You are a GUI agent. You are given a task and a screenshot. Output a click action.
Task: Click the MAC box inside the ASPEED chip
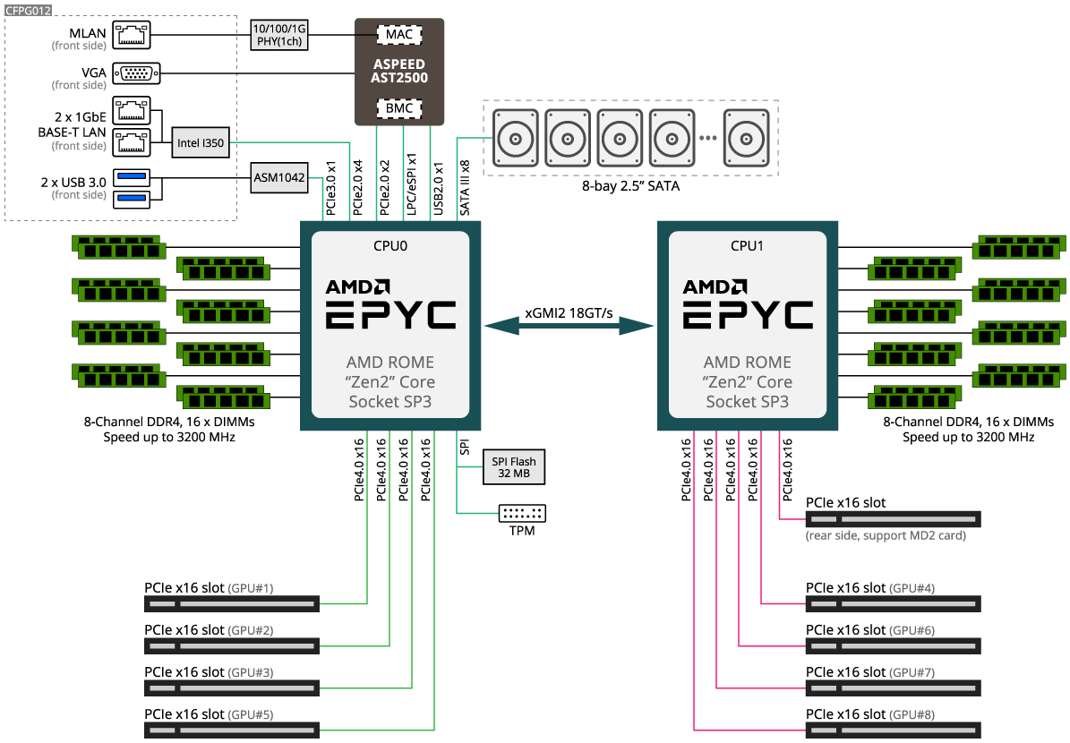pyautogui.click(x=398, y=35)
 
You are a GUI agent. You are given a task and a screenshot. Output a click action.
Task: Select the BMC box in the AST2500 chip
pyautogui.click(x=398, y=108)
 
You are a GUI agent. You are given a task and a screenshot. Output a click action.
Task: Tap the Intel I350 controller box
pyautogui.click(x=201, y=142)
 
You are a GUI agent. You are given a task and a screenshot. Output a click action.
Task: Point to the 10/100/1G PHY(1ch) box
pyautogui.click(x=279, y=35)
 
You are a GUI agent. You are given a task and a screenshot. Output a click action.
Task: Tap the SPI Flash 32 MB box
pyautogui.click(x=514, y=467)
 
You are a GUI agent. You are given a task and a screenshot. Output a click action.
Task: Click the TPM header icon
pyautogui.click(x=522, y=513)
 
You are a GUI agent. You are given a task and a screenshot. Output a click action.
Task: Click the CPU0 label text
pyautogui.click(x=389, y=245)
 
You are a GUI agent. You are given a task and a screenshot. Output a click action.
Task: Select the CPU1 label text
pyautogui.click(x=748, y=245)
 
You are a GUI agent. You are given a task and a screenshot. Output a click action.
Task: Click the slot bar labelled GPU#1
pyautogui.click(x=232, y=604)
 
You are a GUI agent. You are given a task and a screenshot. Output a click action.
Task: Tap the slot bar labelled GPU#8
pyautogui.click(x=893, y=730)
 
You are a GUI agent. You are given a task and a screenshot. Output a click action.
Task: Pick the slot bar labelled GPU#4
pyautogui.click(x=893, y=604)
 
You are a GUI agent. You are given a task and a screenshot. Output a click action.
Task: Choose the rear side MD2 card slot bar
pyautogui.click(x=893, y=519)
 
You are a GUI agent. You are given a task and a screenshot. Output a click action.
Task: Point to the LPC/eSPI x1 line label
pyautogui.click(x=411, y=185)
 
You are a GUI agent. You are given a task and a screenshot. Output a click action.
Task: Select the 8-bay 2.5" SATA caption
pyautogui.click(x=630, y=187)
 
